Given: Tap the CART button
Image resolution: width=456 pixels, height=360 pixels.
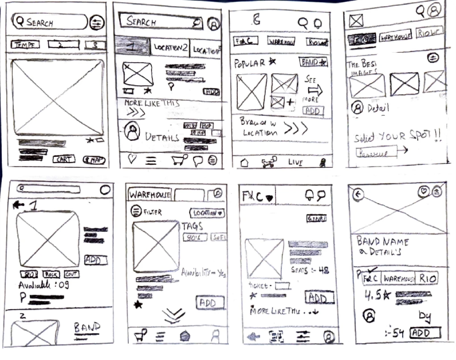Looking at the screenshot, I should [x=64, y=160].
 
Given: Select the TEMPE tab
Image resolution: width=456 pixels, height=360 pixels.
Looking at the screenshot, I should [x=24, y=44].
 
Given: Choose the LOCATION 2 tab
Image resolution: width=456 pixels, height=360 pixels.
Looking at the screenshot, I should [x=170, y=47].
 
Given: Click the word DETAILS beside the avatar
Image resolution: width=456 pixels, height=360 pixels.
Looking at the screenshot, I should [x=163, y=137].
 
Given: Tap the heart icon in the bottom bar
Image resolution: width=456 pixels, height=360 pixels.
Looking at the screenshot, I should [x=132, y=160].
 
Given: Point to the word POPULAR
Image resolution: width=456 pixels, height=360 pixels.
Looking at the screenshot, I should [x=250, y=62].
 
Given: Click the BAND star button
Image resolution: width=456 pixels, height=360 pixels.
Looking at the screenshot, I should [x=313, y=62].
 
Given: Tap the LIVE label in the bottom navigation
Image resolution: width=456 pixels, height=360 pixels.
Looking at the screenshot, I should [x=295, y=163].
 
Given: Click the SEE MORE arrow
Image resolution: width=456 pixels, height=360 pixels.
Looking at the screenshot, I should [x=315, y=90].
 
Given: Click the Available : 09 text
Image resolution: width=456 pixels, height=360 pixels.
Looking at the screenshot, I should [x=45, y=285].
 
